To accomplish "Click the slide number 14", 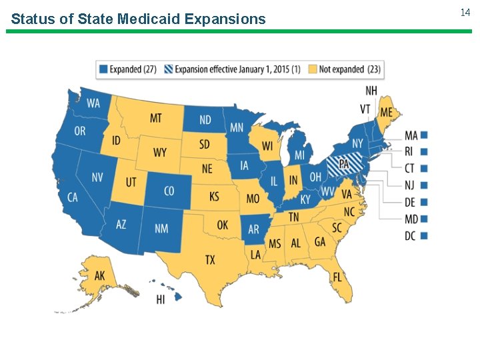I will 465,13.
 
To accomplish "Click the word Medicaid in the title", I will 149,19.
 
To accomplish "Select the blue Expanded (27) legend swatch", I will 103,69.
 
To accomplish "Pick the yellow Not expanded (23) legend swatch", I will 313,69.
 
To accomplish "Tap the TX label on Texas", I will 210,260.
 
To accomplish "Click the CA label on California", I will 73,197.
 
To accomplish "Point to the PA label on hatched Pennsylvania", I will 344,163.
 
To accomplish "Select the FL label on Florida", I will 338,277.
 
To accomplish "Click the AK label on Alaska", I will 99,276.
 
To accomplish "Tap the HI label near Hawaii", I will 161,300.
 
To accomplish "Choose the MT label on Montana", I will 155,118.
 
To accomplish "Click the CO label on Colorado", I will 169,191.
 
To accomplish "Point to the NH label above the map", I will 372,90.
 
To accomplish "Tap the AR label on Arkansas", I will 253,229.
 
